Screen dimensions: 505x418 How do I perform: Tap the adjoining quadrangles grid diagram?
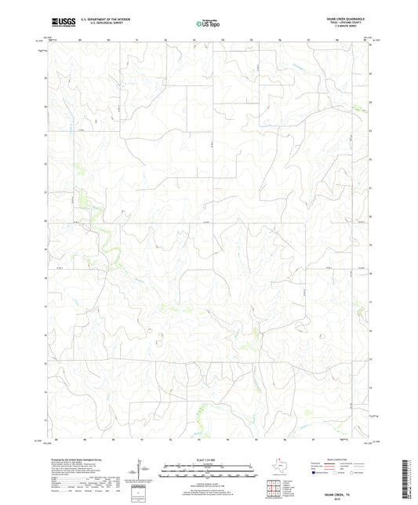tap(275, 486)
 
